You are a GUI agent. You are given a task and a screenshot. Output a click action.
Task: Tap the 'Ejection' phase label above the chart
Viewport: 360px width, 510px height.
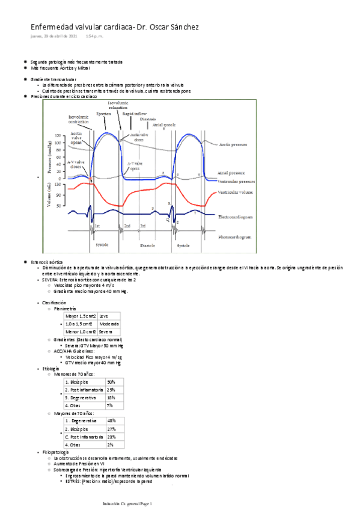(104, 113)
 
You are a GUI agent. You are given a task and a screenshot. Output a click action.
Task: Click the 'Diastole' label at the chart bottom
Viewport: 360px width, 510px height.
(147, 245)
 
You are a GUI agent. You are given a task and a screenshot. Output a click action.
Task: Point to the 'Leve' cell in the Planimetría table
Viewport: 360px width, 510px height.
(104, 316)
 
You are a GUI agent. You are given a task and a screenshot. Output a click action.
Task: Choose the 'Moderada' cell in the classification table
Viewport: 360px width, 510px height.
(109, 324)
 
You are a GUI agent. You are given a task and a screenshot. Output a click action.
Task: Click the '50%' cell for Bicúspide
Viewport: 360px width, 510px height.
(111, 382)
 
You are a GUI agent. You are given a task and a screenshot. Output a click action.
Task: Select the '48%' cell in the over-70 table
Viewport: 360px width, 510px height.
(111, 421)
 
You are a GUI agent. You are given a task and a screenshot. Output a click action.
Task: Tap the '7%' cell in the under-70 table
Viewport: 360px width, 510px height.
(109, 405)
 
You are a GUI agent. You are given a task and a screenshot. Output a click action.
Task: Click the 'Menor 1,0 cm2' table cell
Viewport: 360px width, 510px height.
(81, 331)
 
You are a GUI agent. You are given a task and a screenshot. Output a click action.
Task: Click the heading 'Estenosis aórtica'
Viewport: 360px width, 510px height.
(47, 263)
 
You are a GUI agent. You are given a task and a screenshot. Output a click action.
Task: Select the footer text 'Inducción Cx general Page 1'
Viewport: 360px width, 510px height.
(128, 503)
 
